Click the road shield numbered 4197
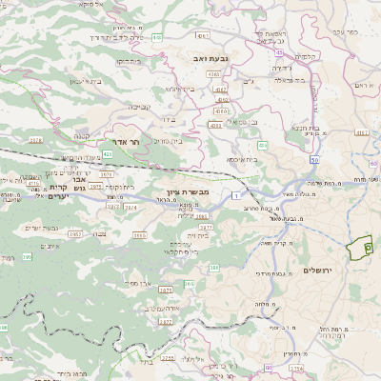click(x=363, y=134)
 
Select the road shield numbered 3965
click(x=140, y=235)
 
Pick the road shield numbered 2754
click(x=296, y=368)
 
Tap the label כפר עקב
click(x=348, y=31)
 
